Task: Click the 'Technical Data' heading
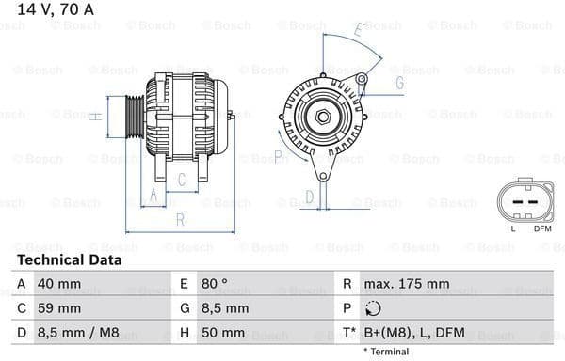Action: pyautogui.click(x=69, y=259)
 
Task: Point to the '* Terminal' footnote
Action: pyautogui.click(x=385, y=352)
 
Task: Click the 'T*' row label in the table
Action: pyautogui.click(x=349, y=333)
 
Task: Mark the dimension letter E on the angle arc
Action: pyautogui.click(x=358, y=32)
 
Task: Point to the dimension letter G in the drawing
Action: pyautogui.click(x=399, y=83)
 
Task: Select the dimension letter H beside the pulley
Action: pyautogui.click(x=94, y=116)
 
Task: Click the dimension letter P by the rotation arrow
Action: pyautogui.click(x=279, y=156)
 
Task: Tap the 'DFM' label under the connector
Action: pyautogui.click(x=542, y=228)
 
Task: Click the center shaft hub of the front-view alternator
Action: pyautogui.click(x=323, y=116)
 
